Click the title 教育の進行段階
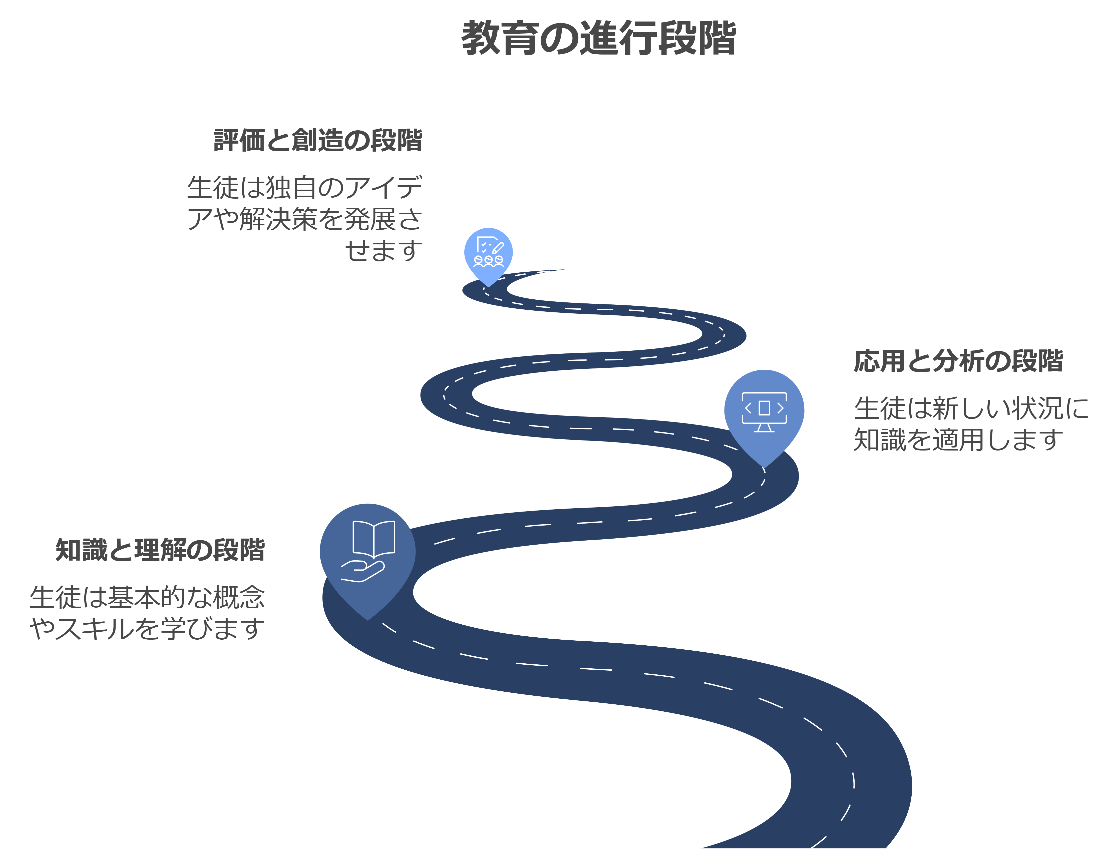[598, 39]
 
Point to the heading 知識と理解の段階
[160, 550]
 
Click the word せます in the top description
[383, 251]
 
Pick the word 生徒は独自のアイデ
[304, 188]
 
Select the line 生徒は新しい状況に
[971, 408]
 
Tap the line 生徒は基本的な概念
[147, 598]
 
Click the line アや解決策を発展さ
[304, 219]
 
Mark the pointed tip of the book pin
[367, 619]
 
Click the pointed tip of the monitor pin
[764, 466]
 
